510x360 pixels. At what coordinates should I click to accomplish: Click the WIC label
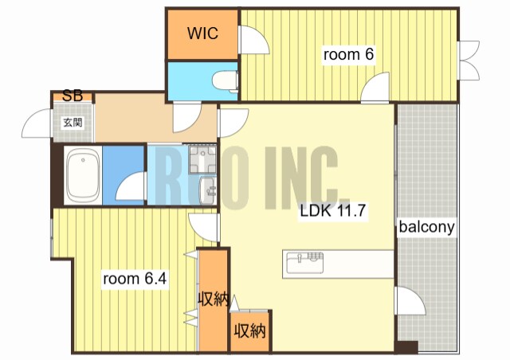coord(202,33)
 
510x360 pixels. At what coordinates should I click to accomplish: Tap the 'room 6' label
coord(348,54)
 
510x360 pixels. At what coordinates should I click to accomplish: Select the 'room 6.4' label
coord(135,279)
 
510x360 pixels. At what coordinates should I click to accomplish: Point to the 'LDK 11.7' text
coord(333,211)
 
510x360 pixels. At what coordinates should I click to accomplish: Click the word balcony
coord(426,227)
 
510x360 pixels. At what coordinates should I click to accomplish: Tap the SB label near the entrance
coord(73,96)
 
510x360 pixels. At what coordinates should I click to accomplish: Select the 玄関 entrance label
coord(73,123)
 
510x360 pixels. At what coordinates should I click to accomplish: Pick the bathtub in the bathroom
coord(83,175)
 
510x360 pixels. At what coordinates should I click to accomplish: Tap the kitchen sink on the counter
coord(304,263)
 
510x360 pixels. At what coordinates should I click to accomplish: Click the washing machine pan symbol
coord(202,159)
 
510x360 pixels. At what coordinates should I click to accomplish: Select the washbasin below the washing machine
coord(207,190)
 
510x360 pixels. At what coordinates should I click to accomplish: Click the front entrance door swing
coord(37,123)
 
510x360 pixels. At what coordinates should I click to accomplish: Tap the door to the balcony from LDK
coord(410,301)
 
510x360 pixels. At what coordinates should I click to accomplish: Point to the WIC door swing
coord(254,40)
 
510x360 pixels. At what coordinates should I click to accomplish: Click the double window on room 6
coord(469,61)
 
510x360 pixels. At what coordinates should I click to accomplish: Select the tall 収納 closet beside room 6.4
coord(213,299)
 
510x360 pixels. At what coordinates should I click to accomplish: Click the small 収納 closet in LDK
coord(250,331)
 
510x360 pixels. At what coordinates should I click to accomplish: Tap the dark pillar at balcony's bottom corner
coord(406,346)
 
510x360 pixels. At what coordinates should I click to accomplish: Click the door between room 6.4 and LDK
coord(202,228)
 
